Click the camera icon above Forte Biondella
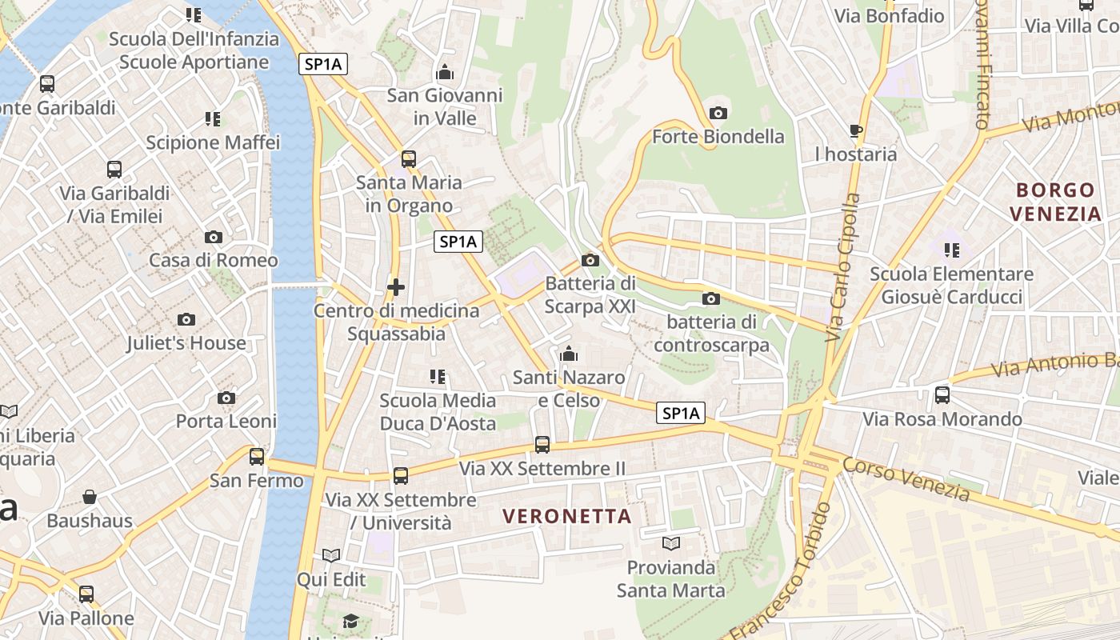click(x=718, y=113)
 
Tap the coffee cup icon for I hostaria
click(x=856, y=130)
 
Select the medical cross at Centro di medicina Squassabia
click(x=395, y=286)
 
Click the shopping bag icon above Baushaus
click(x=90, y=497)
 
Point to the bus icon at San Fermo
click(x=257, y=457)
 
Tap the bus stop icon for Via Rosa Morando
click(x=942, y=394)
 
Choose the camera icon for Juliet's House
click(x=186, y=319)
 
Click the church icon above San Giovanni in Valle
click(x=445, y=73)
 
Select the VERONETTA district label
click(x=568, y=516)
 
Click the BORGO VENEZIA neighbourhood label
click(x=1055, y=202)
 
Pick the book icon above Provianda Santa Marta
click(x=671, y=544)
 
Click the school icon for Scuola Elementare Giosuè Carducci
click(x=952, y=250)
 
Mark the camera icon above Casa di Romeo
click(x=213, y=237)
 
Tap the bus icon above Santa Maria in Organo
click(x=409, y=158)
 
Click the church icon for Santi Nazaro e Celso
click(x=569, y=353)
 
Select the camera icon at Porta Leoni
click(x=226, y=398)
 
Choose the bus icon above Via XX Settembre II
click(x=542, y=445)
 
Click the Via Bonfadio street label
click(x=889, y=16)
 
